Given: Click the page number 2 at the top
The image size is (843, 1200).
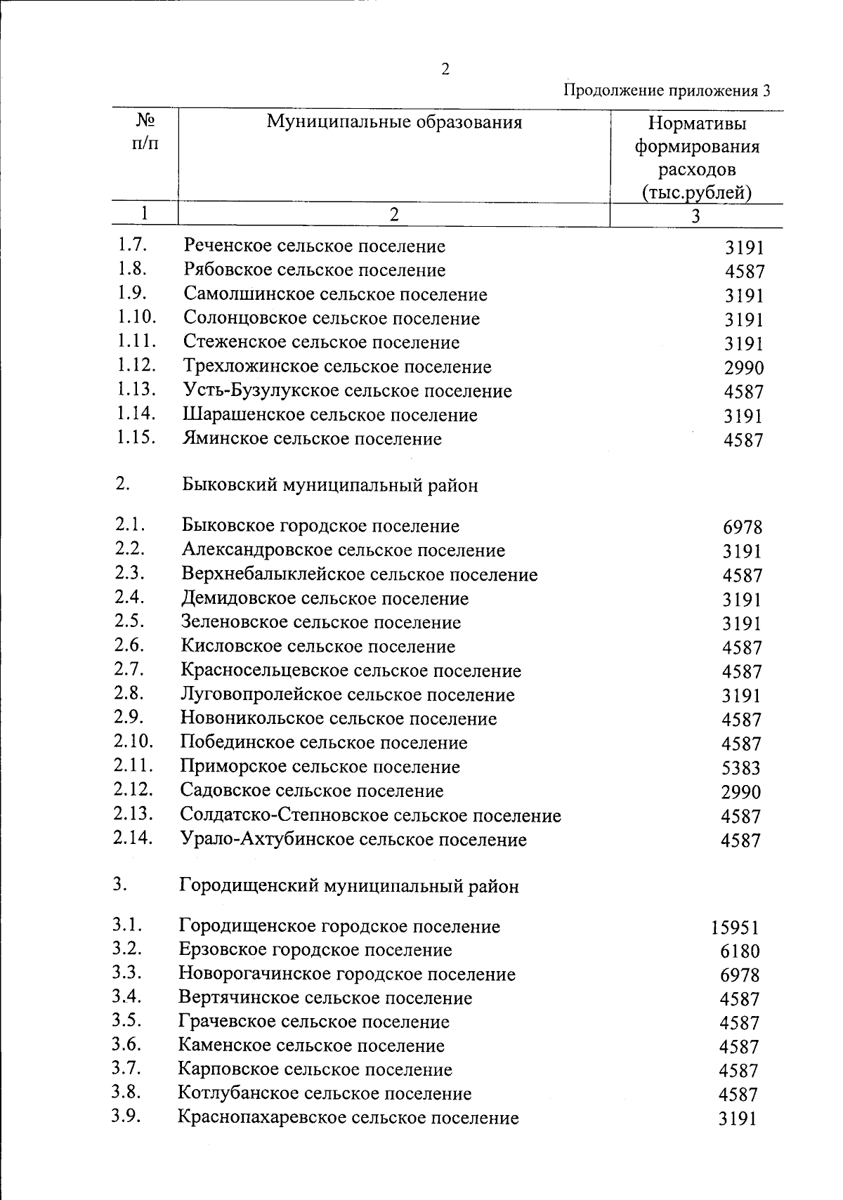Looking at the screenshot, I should (x=445, y=69).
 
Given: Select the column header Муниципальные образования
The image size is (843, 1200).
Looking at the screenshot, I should (x=394, y=123).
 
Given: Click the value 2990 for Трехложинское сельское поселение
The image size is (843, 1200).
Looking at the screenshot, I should (x=743, y=368).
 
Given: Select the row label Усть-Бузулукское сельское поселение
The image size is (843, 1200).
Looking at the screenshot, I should (x=347, y=391).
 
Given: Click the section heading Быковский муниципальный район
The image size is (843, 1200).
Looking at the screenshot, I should (x=330, y=485).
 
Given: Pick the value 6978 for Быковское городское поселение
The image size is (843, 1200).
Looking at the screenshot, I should (x=742, y=527).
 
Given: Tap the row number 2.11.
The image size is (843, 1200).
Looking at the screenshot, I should (x=133, y=765).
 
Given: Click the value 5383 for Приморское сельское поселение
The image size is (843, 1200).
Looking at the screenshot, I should (x=740, y=768).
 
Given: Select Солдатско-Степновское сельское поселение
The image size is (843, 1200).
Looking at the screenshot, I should (x=370, y=816).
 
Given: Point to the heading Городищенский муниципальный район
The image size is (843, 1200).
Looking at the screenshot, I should (x=349, y=886).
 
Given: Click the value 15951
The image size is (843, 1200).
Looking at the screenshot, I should (x=734, y=928).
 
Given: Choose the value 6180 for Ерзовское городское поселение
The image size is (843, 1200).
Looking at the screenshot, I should (x=740, y=952).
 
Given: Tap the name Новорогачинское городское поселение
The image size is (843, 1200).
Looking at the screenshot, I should (x=347, y=975).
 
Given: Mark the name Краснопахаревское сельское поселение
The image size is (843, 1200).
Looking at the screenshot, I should (x=348, y=1118).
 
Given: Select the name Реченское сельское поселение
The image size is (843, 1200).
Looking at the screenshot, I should (x=314, y=246).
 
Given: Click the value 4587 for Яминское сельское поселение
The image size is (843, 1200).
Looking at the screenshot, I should (x=743, y=441).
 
